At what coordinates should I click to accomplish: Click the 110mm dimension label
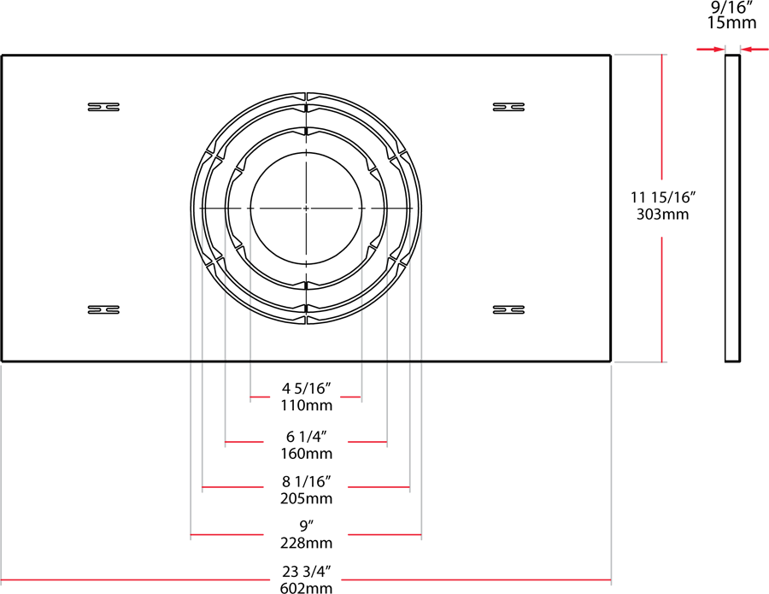[306, 405]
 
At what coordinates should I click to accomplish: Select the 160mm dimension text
[306, 452]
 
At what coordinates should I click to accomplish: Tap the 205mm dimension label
[306, 498]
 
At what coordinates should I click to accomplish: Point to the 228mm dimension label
[306, 544]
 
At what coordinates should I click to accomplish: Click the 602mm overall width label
[306, 587]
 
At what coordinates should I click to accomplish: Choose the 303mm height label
[663, 214]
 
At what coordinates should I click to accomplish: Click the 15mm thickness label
[732, 23]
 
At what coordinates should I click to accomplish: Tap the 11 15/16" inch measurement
[663, 197]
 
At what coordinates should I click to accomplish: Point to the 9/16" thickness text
[732, 8]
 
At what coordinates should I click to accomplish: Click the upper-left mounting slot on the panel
[103, 107]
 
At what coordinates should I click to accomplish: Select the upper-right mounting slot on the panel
[508, 107]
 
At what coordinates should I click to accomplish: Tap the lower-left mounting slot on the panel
[103, 309]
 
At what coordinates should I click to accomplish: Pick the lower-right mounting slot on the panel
[508, 309]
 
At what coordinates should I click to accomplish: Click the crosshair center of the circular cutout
[306, 209]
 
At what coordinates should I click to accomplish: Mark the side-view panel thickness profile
[732, 209]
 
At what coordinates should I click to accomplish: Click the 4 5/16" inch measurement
[306, 389]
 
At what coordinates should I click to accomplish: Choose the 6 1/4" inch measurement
[306, 436]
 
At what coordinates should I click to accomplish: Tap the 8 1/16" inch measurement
[306, 482]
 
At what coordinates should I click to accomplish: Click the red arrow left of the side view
[710, 50]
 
